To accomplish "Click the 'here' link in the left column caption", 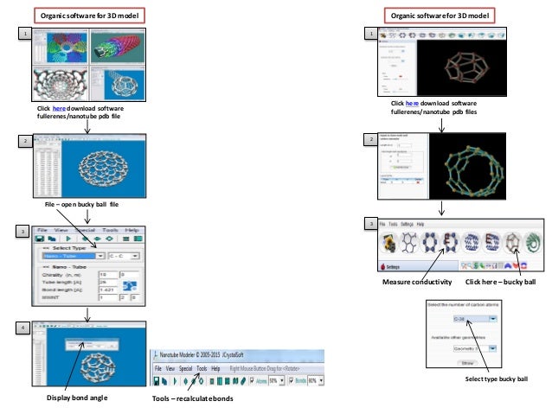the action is point(58,109).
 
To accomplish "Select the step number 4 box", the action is point(24,328).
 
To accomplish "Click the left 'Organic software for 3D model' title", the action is point(88,15).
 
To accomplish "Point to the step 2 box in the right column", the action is point(369,139).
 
